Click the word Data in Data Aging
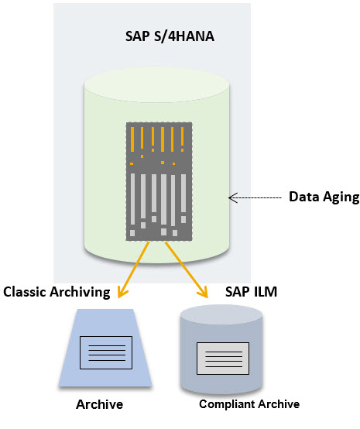pos(303,197)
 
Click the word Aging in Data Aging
pos(341,197)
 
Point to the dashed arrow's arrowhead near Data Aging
pos(231,197)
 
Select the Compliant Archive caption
pos(249,404)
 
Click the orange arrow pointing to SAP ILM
pos(186,268)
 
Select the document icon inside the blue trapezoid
pos(105,352)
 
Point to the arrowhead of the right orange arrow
pos(205,293)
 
